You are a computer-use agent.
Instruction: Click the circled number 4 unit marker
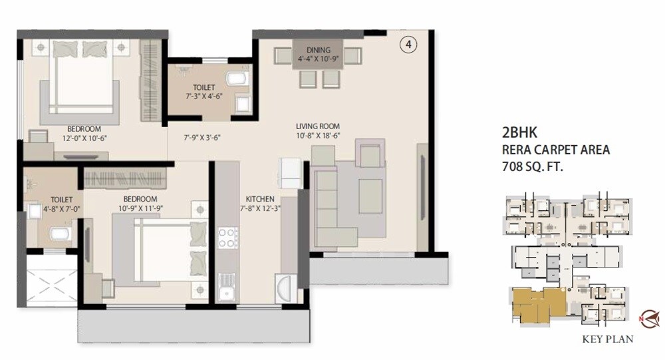pos(408,45)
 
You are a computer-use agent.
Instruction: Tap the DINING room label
pos(318,50)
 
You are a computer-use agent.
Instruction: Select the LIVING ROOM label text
pos(318,126)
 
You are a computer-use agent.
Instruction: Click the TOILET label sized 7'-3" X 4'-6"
pos(203,87)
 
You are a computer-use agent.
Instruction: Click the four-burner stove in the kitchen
pos(228,238)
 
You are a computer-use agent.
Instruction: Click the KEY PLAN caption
pos(607,339)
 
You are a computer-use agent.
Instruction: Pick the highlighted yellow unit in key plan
pos(535,305)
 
